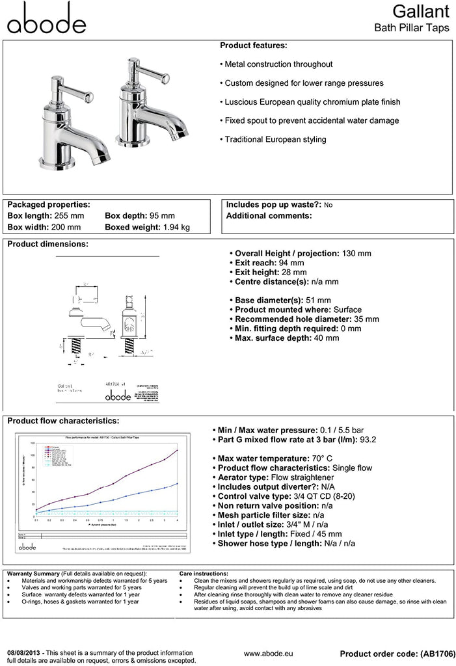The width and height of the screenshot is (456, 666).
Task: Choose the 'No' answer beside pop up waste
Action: coord(328,205)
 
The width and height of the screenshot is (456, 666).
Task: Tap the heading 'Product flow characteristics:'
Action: coord(62,421)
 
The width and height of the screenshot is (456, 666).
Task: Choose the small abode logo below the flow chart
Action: coord(27,550)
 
